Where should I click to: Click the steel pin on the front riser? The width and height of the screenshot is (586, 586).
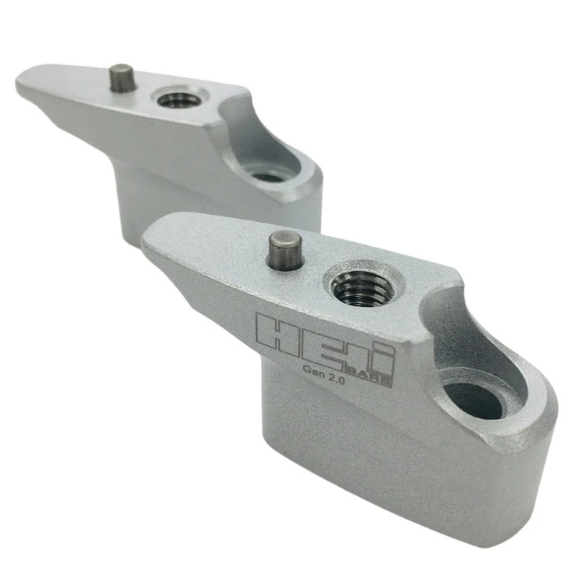(x=287, y=250)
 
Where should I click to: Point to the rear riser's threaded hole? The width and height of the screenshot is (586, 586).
(x=177, y=99)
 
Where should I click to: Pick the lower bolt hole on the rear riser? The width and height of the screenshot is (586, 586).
(x=267, y=177)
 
